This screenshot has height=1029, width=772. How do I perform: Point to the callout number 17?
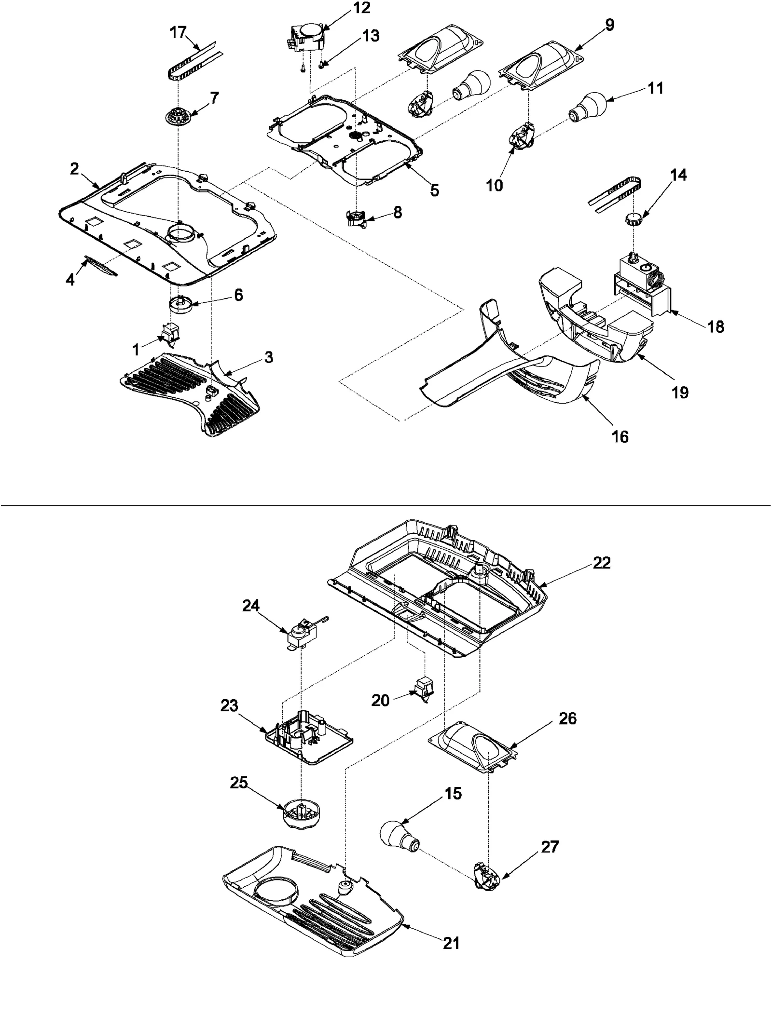point(178,32)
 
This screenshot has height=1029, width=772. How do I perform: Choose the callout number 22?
point(602,563)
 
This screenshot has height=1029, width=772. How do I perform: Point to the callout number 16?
point(620,436)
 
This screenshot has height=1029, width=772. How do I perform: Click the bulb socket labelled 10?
point(523,134)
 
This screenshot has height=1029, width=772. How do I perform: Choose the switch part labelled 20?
point(422,691)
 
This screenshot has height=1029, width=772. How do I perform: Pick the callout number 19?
point(680,393)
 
